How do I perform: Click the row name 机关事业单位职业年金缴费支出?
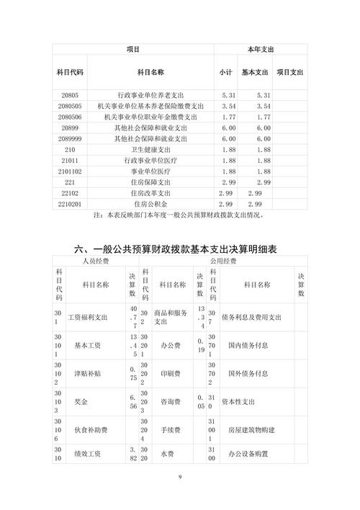[151, 117]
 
